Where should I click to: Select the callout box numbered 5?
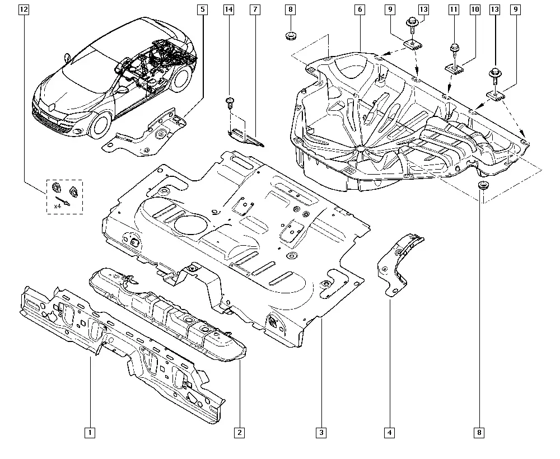[x=203, y=10]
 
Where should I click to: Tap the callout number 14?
[x=229, y=10]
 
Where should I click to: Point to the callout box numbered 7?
[x=255, y=10]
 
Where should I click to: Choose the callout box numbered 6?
[x=360, y=10]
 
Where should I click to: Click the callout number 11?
[x=454, y=10]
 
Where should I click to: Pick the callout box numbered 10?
[x=475, y=10]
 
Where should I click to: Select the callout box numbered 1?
[x=90, y=433]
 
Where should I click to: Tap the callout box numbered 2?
[x=239, y=433]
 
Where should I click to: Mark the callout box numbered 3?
[x=321, y=433]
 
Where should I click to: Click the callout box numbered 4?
[x=389, y=433]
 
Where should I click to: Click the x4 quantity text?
[x=57, y=207]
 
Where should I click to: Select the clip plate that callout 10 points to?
[x=455, y=68]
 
